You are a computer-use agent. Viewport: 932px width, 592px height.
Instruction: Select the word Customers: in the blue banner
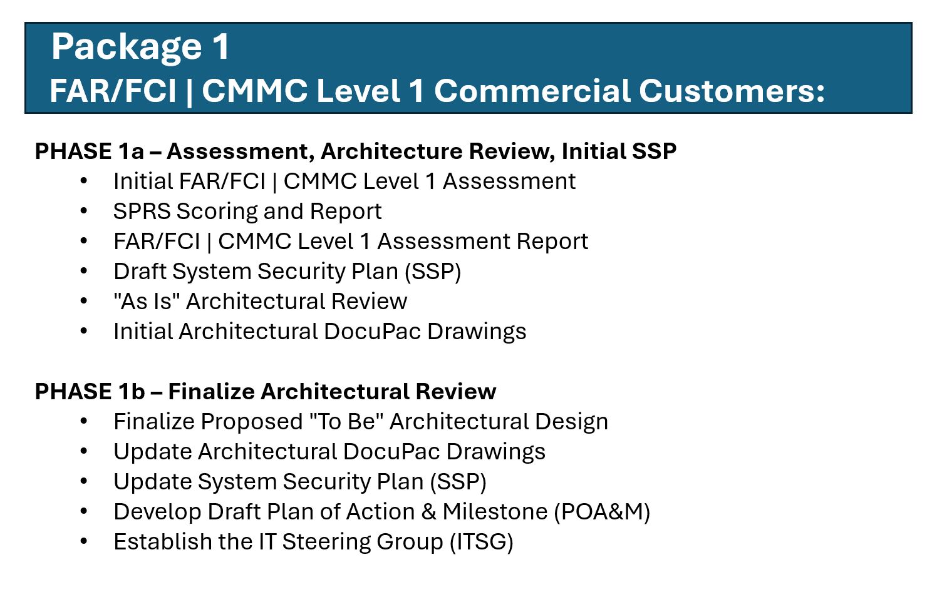point(732,90)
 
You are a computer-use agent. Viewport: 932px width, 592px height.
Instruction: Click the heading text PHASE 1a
point(90,150)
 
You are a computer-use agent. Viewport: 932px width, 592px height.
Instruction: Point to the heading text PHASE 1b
point(90,391)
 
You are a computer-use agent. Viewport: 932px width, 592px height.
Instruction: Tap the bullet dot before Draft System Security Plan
point(84,271)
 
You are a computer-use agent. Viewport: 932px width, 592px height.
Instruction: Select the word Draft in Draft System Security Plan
point(140,271)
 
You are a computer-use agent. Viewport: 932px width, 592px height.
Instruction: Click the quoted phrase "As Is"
point(143,301)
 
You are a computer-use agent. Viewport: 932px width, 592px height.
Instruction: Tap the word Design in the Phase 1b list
point(572,422)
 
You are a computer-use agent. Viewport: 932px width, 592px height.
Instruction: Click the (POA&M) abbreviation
point(602,512)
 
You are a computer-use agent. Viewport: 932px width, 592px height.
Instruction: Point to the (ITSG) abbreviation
point(482,542)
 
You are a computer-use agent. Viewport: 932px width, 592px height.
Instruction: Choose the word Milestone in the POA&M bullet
point(495,511)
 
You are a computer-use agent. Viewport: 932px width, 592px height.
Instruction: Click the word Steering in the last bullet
point(326,542)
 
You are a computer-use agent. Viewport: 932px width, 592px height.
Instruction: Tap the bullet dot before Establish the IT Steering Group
point(84,541)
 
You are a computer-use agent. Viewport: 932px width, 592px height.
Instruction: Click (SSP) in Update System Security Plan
point(458,482)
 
